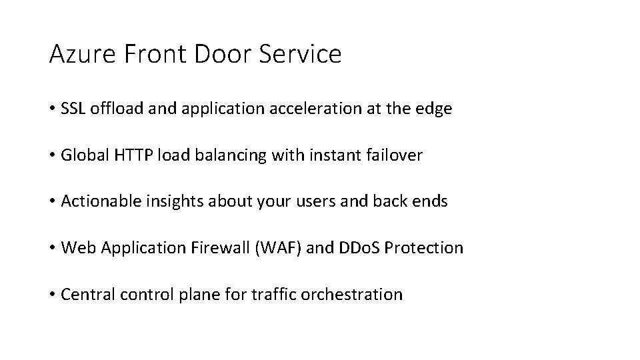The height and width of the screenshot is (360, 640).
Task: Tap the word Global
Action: click(81, 155)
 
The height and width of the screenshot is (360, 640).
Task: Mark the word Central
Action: click(83, 294)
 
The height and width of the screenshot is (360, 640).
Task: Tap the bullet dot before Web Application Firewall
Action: click(52, 248)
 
